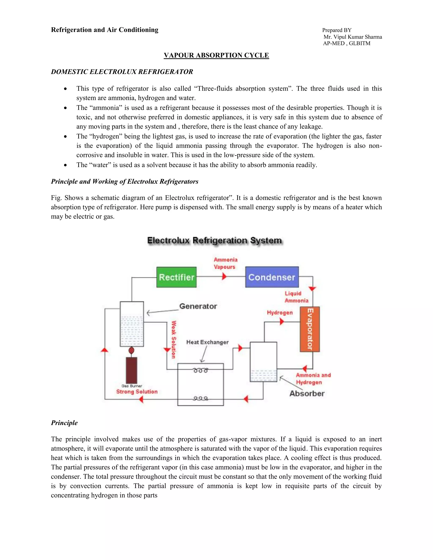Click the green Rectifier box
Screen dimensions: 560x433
click(x=177, y=277)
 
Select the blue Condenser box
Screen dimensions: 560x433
click(x=272, y=277)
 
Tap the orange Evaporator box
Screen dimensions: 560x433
click(x=310, y=329)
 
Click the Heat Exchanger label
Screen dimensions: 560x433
click(x=207, y=342)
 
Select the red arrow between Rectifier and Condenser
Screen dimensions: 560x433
click(x=224, y=276)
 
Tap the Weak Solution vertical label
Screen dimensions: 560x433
click(x=174, y=340)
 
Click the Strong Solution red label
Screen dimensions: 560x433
click(x=137, y=392)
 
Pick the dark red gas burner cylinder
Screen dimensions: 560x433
click(x=131, y=370)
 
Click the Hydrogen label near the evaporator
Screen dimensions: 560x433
click(x=280, y=313)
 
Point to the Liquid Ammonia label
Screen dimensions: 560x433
click(x=296, y=297)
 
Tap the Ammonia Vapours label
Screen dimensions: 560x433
click(x=225, y=263)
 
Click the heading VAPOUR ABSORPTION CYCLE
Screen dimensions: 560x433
click(x=216, y=55)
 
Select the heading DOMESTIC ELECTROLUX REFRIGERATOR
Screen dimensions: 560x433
click(x=122, y=72)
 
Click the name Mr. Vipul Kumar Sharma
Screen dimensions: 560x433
click(x=353, y=37)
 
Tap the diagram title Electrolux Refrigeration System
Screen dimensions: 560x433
click(x=214, y=240)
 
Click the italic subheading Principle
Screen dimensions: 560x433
click(x=64, y=423)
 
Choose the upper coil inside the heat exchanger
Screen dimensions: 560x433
click(x=201, y=370)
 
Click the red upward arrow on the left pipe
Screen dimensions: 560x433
click(x=104, y=350)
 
